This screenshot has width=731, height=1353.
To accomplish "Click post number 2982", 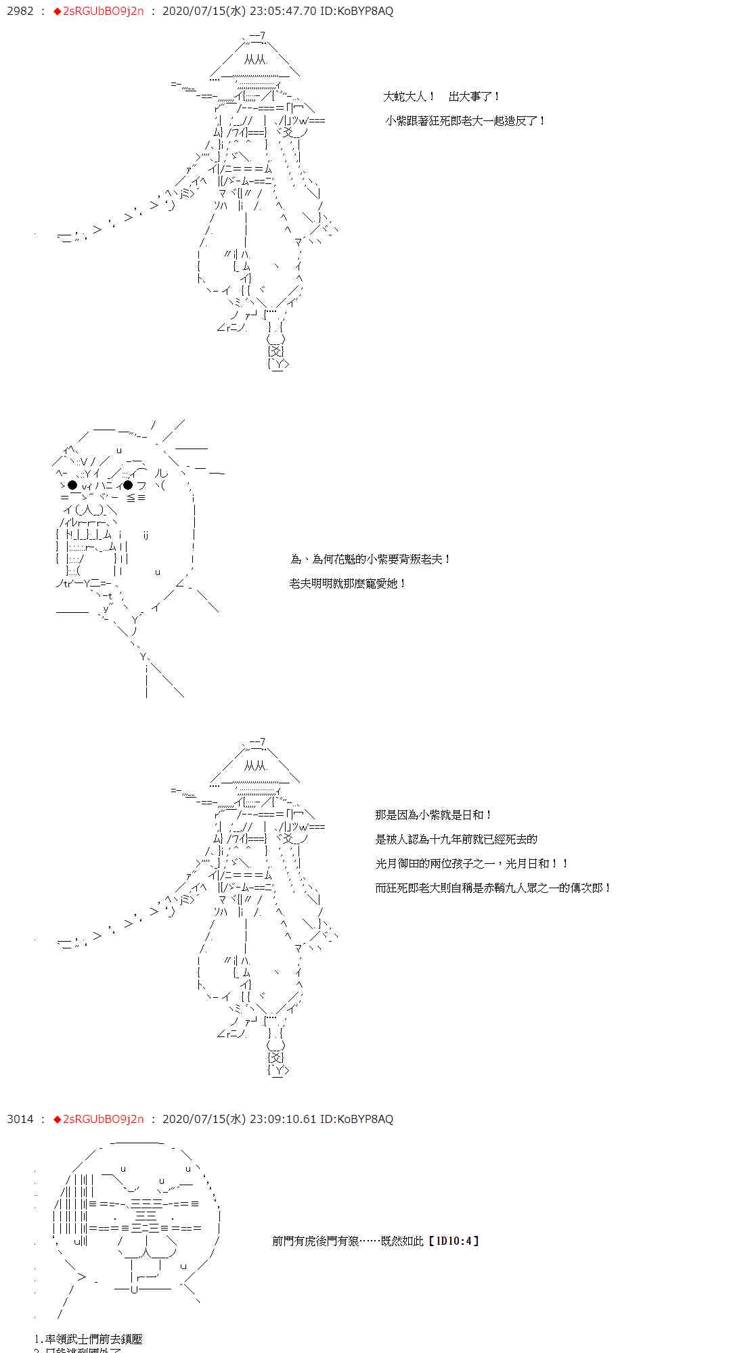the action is click(x=19, y=12).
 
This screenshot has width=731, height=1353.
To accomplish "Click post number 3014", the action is click(x=20, y=1120).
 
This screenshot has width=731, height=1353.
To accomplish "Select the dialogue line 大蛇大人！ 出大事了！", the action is click(x=442, y=97).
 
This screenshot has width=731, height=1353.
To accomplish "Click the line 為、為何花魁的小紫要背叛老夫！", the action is click(x=370, y=559).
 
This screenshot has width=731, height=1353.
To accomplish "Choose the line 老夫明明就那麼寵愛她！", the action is click(x=348, y=584).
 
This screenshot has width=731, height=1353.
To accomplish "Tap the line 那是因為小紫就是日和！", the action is click(x=434, y=815).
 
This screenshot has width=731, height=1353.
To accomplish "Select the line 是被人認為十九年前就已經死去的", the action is click(x=456, y=840).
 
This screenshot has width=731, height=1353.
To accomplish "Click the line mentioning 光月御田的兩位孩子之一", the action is click(x=472, y=864).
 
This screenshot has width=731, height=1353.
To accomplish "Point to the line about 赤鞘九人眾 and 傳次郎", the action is click(x=493, y=888).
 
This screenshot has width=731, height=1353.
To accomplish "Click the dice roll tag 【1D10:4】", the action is click(x=453, y=1241).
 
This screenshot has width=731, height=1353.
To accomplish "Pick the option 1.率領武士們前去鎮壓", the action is click(x=89, y=1339).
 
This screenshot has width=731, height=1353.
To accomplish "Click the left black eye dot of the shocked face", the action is click(x=72, y=485).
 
